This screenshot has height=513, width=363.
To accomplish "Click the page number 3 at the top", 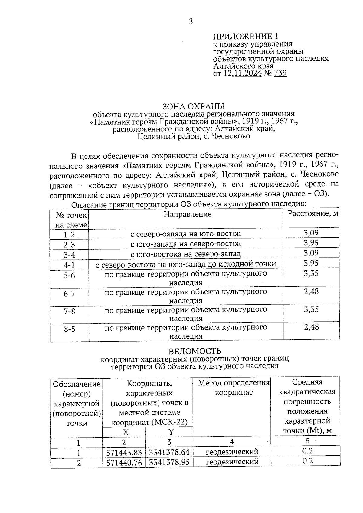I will click(191, 21).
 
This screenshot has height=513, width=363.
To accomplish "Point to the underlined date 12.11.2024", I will click(242, 73).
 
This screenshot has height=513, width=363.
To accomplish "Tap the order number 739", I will click(280, 73).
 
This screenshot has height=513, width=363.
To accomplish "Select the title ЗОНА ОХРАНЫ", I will click(194, 106).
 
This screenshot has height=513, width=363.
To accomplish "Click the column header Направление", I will click(187, 214).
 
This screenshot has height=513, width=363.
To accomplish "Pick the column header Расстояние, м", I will click(313, 214).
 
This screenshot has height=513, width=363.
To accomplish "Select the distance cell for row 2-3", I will click(311, 243).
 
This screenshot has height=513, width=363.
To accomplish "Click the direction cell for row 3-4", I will click(185, 254).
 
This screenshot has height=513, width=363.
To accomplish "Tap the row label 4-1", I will click(69, 265).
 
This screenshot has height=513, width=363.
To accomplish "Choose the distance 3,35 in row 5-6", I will click(311, 274).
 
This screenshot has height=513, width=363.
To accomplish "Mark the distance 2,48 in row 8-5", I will click(311, 327).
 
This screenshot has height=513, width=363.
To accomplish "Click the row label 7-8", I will click(69, 311).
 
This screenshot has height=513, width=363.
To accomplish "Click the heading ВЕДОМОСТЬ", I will click(195, 351).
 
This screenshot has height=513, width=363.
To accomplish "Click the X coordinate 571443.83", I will click(124, 453).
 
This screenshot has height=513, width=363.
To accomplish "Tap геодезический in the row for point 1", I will click(232, 452).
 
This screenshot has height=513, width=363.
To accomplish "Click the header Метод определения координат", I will click(234, 388).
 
